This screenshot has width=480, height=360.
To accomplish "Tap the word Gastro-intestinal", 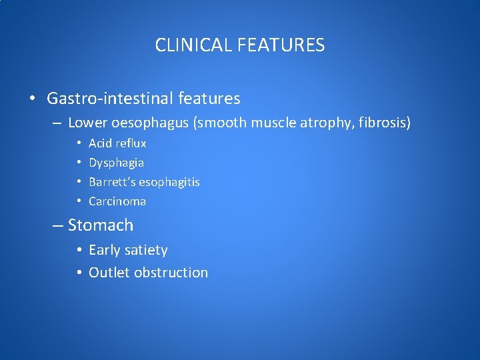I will pyautogui.click(x=110, y=99).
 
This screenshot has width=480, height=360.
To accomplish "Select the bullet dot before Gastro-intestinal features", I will pyautogui.click(x=32, y=99).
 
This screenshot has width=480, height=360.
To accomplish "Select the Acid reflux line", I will pyautogui.click(x=117, y=143).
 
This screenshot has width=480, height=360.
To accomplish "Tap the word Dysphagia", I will pyautogui.click(x=116, y=163).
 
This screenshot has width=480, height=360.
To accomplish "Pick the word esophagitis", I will pyautogui.click(x=169, y=182).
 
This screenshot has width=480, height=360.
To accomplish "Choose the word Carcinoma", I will pyautogui.click(x=117, y=201).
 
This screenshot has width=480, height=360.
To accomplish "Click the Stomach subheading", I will pyautogui.click(x=101, y=225).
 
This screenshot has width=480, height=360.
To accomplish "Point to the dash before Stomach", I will pyautogui.click(x=58, y=226).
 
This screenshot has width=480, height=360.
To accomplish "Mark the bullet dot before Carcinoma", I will pyautogui.click(x=79, y=201).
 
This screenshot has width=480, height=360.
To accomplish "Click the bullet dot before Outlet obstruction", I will pyautogui.click(x=79, y=273).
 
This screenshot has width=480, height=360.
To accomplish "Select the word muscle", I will pyautogui.click(x=271, y=123).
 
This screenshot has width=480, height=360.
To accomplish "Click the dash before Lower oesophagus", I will pyautogui.click(x=57, y=123).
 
